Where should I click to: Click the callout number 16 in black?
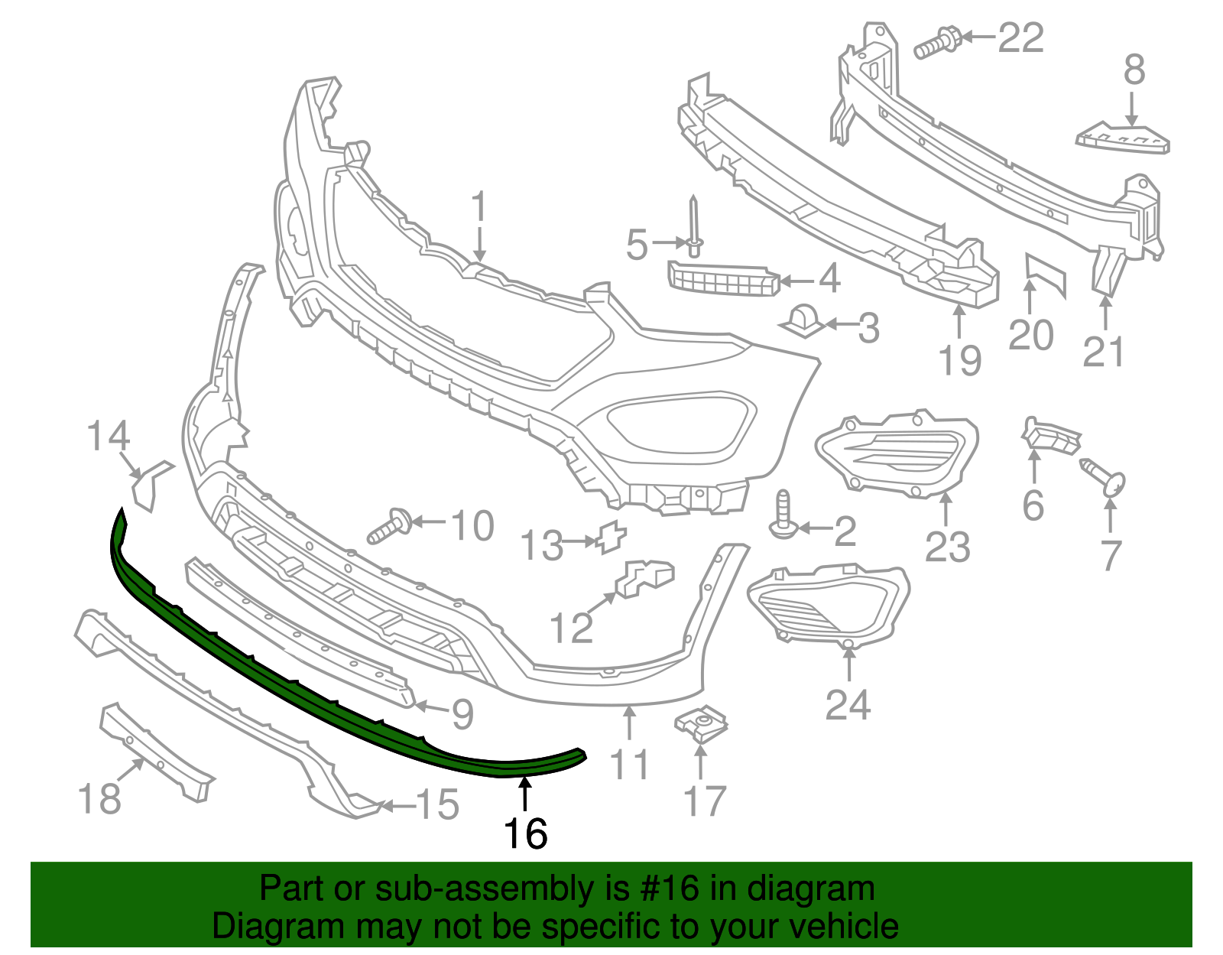(x=526, y=833)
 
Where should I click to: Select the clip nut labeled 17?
(x=702, y=723)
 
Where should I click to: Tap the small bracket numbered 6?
(x=1052, y=436)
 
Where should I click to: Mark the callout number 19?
(x=959, y=359)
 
